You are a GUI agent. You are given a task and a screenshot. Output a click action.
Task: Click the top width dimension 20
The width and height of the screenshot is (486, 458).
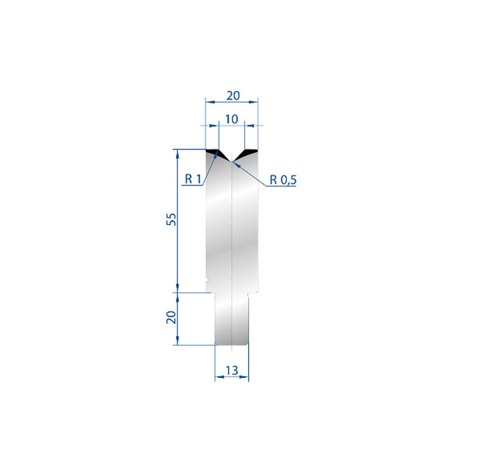pyautogui.click(x=233, y=96)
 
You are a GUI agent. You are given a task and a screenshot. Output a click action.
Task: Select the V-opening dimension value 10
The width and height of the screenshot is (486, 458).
pyautogui.click(x=232, y=119)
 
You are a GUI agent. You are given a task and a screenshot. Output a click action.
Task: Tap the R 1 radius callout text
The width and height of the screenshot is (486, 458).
pyautogui.click(x=193, y=179)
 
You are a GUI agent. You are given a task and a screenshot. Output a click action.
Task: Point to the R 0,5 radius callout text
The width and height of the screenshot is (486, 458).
pyautogui.click(x=283, y=180)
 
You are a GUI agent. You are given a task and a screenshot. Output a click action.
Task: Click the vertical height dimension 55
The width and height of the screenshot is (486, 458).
pyautogui.click(x=171, y=219)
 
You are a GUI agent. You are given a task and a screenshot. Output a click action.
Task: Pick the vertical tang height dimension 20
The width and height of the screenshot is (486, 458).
pyautogui.click(x=171, y=317)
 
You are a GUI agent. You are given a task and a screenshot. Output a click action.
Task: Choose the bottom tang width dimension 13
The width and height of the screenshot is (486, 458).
pyautogui.click(x=232, y=370)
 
